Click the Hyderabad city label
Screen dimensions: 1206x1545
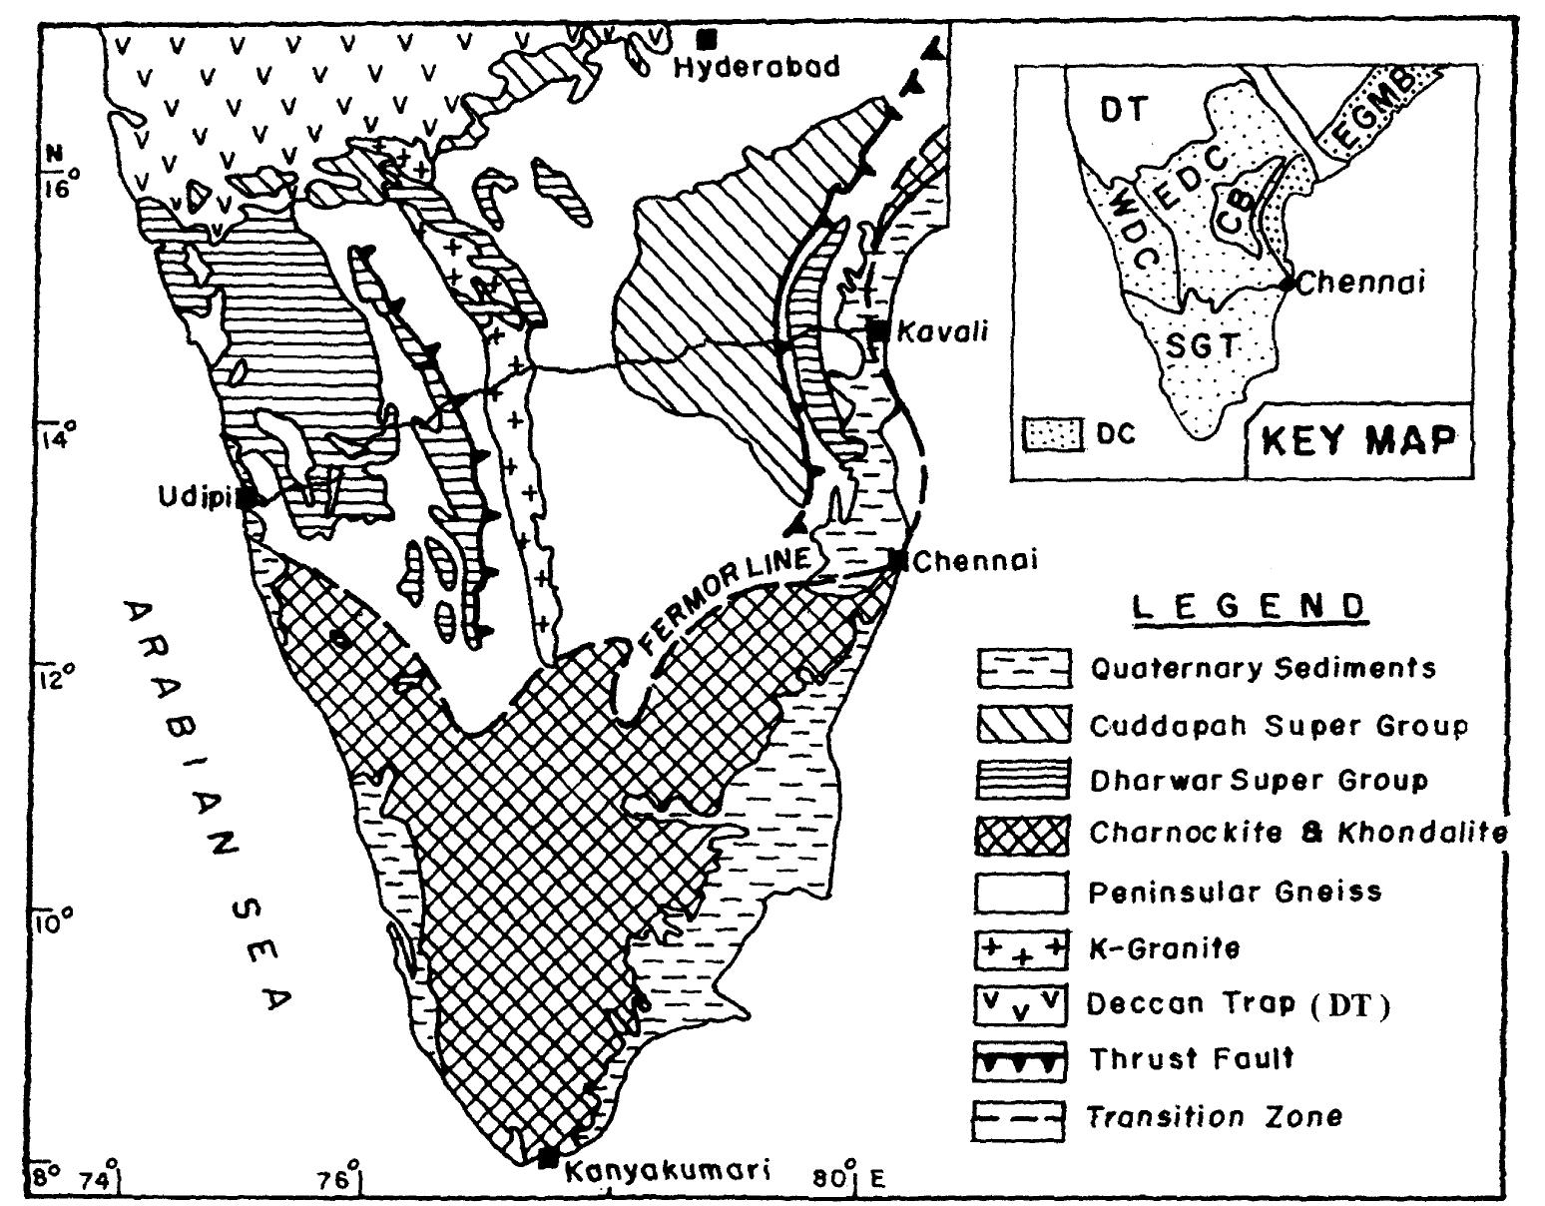tap(757, 68)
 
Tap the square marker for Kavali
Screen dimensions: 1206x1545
tap(878, 330)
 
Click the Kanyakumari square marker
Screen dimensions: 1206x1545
tap(547, 1159)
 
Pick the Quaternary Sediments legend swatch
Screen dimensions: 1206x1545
tap(1022, 668)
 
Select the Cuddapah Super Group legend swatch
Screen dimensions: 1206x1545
tap(1022, 724)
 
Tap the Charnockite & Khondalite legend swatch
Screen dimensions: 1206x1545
tap(1022, 835)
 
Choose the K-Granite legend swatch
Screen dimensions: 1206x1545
tap(1022, 947)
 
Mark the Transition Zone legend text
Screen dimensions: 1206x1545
tap(1215, 1116)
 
